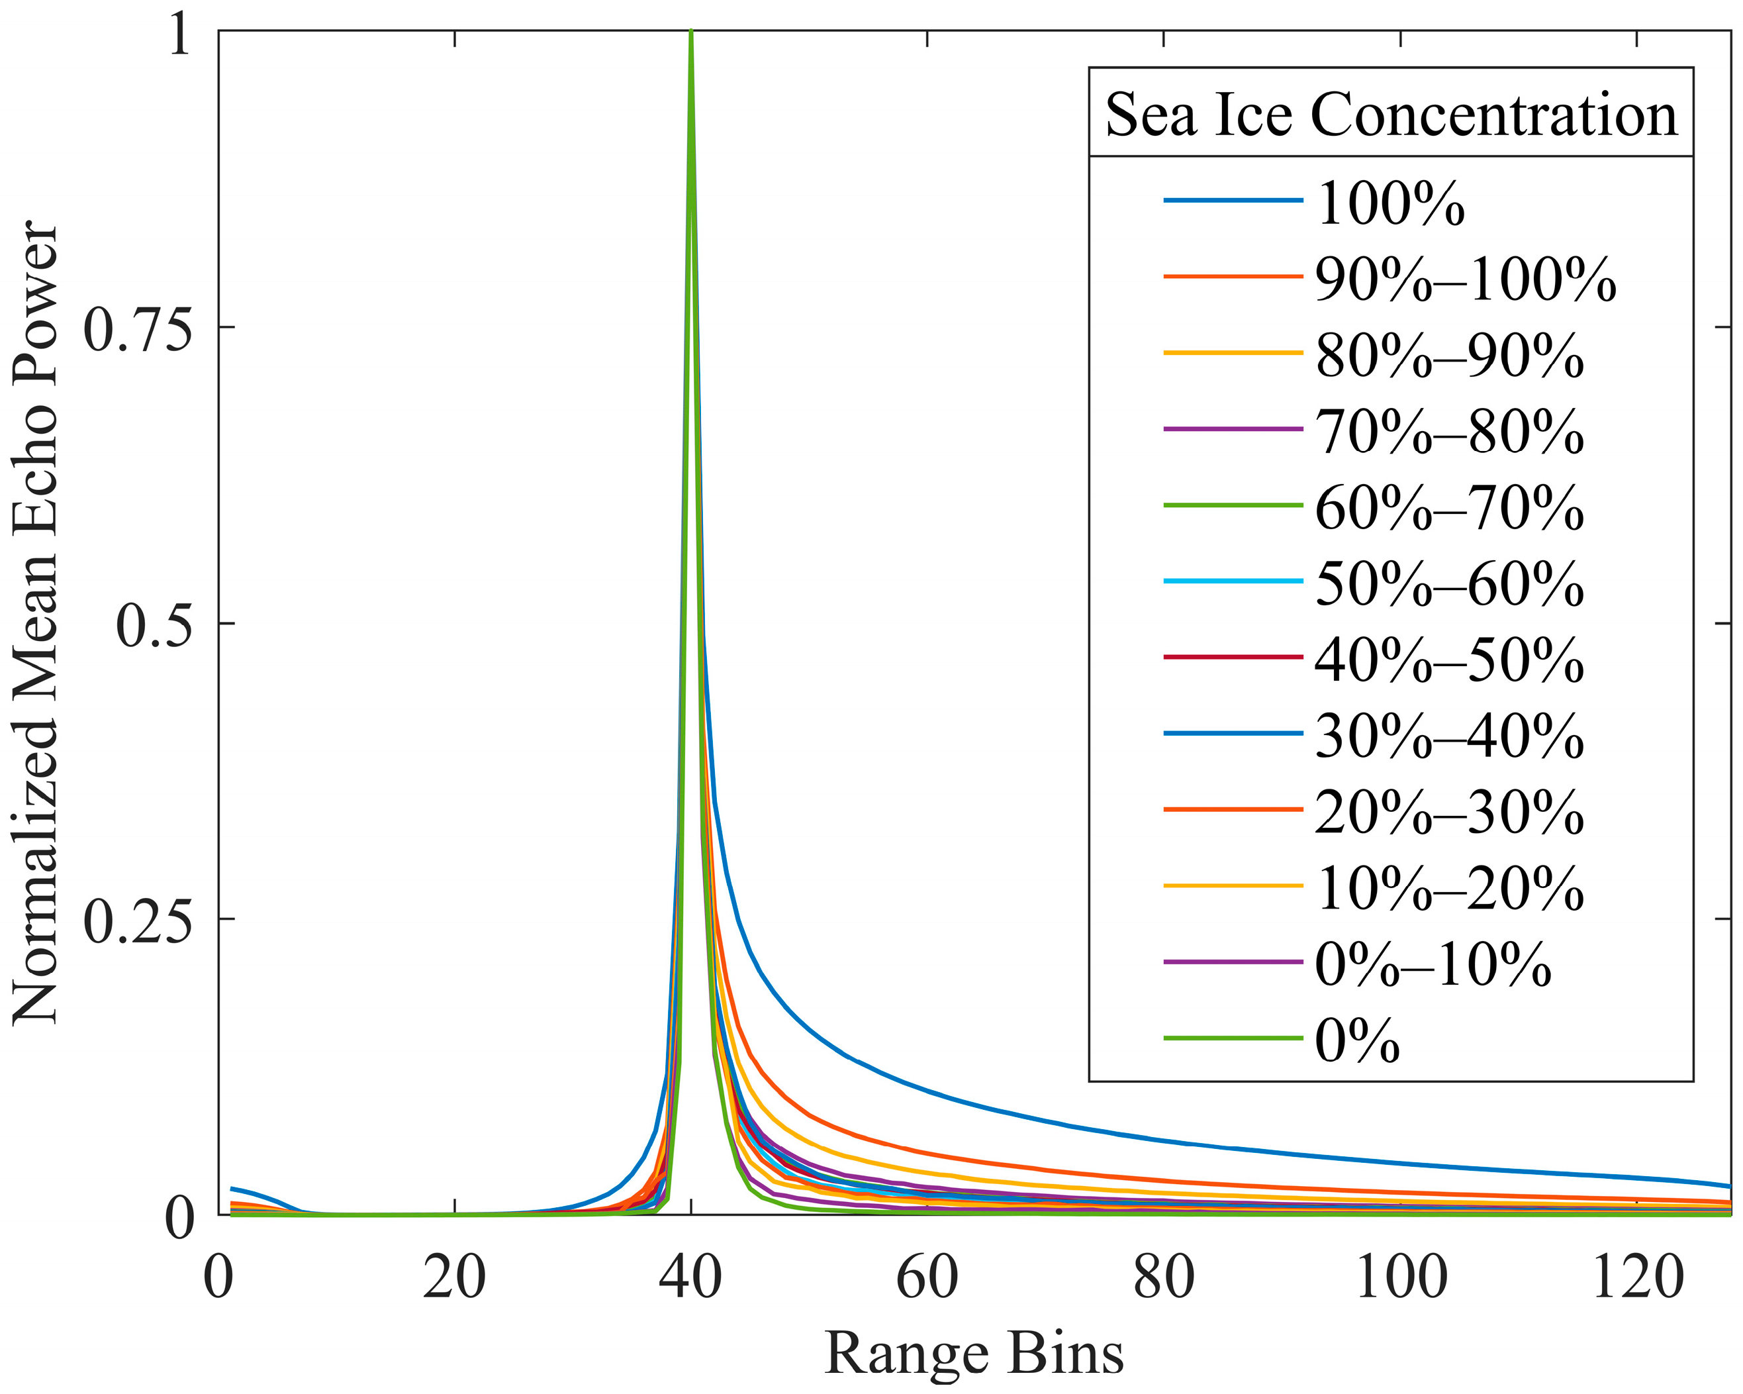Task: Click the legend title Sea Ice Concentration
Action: (1391, 114)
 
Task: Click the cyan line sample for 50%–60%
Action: (1233, 581)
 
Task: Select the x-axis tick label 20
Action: (454, 1278)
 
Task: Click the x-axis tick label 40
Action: (690, 1278)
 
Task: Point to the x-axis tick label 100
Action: (1400, 1278)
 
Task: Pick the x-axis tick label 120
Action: (1637, 1278)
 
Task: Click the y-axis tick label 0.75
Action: (138, 328)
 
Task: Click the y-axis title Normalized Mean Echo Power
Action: (36, 622)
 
